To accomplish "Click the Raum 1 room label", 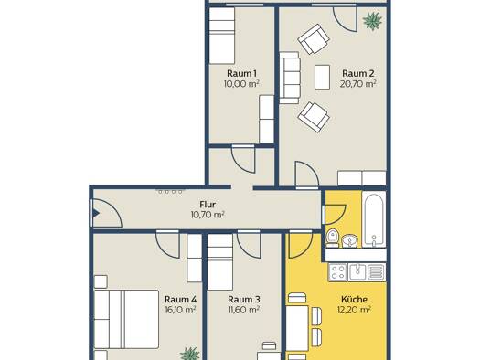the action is [241, 74].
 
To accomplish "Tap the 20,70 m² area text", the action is [357, 84].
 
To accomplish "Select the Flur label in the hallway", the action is [208, 205].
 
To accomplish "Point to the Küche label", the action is [354, 299].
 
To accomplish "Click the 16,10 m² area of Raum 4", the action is [180, 310].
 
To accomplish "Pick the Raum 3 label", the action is [244, 299].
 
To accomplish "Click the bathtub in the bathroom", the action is [373, 219].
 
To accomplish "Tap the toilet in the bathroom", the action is [332, 238].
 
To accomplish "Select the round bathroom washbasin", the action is [349, 240].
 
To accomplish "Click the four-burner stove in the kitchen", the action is [337, 272].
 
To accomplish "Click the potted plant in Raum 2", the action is [372, 21].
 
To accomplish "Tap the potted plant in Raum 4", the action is [190, 354].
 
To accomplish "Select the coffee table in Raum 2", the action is [323, 77].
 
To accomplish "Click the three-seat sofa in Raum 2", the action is [290, 78].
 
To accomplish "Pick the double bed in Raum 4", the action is [126, 319].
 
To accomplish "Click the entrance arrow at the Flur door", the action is [96, 213].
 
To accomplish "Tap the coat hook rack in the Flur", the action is [169, 192].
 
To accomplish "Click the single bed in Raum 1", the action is [221, 36].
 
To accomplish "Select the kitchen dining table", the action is [297, 328].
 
